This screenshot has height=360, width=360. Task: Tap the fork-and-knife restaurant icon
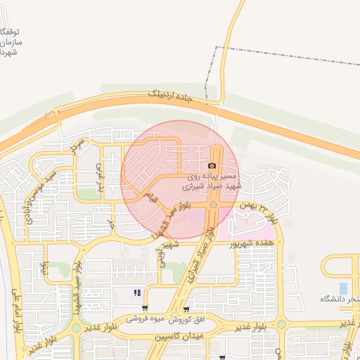coord(138,292)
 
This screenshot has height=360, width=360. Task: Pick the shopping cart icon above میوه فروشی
coord(186,309)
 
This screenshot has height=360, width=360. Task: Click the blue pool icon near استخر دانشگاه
coord(343,288)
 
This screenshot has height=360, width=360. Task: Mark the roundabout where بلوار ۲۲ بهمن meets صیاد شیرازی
coord(213,205)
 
